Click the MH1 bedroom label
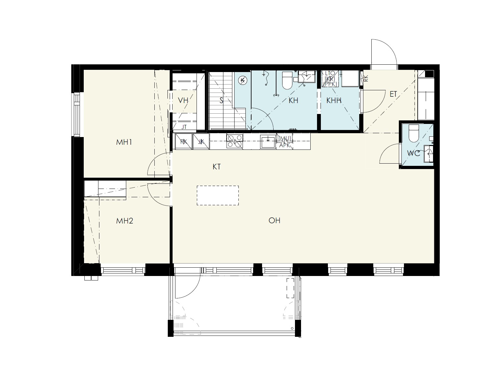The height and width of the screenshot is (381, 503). (x=124, y=142)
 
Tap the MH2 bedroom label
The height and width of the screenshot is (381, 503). (x=125, y=221)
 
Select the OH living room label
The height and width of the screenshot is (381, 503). (x=274, y=221)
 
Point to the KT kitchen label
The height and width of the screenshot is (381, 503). (x=217, y=166)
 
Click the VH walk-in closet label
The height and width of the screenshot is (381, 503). (x=183, y=100)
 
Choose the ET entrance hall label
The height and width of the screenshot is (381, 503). (x=393, y=94)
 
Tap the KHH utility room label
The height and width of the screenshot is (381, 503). (x=334, y=100)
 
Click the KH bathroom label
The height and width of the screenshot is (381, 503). (x=293, y=100)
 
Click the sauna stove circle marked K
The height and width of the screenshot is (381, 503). (x=243, y=80)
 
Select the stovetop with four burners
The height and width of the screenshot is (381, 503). (x=235, y=141)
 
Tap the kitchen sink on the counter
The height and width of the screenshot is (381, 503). (x=268, y=142)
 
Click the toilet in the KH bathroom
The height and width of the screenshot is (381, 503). (x=287, y=80)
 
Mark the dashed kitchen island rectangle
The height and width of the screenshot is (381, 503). (x=218, y=195)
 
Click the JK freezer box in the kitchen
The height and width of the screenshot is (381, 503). (x=201, y=142)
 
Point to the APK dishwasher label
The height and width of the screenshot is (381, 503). (x=285, y=145)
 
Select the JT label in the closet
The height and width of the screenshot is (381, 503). (x=184, y=127)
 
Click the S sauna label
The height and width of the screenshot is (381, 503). (x=221, y=100)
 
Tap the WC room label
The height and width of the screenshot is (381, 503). (x=414, y=153)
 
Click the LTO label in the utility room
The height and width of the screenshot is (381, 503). (x=330, y=73)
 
